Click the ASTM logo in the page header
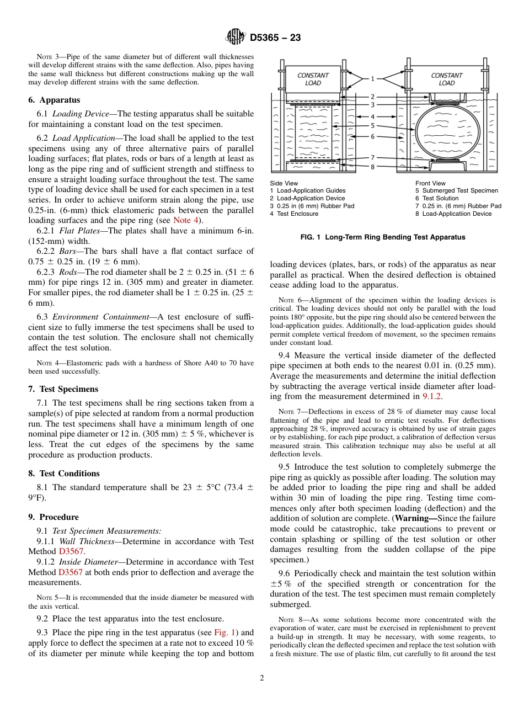236,38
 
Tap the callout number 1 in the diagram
372,79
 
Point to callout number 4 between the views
372,117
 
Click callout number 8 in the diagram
372,166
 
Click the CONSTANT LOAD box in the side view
313,79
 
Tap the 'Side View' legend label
284,183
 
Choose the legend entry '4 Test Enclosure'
294,214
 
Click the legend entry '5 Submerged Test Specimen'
456,191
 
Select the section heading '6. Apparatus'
54,100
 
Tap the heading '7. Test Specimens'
63,389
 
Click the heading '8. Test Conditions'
64,474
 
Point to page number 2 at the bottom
262,678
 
